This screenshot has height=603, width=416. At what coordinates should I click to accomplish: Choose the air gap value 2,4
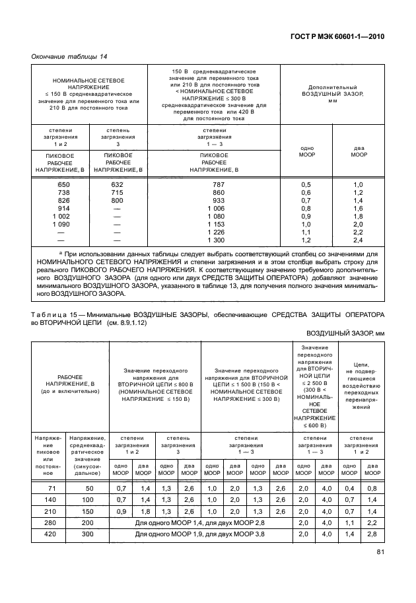coord(359,240)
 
